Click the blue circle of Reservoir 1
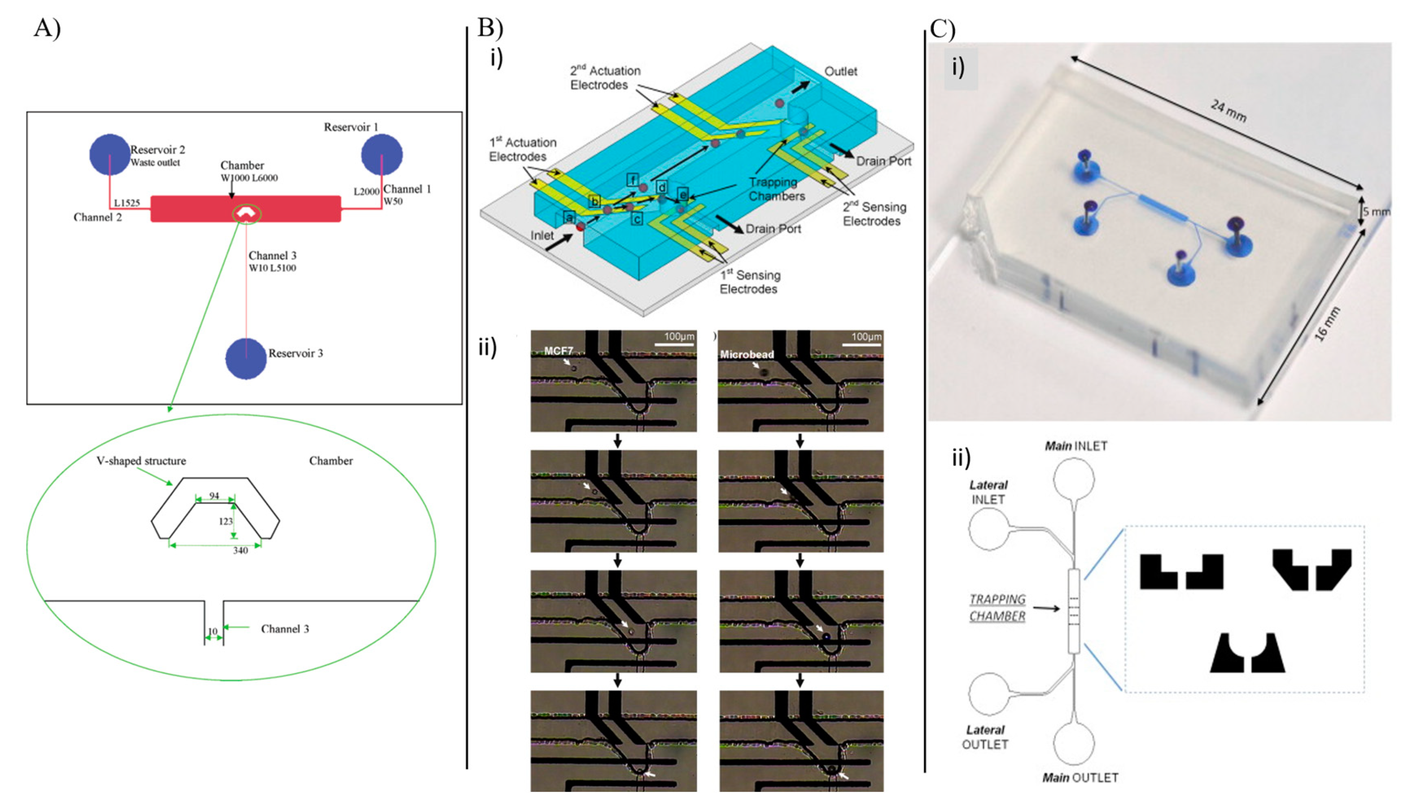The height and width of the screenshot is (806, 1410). coord(382,155)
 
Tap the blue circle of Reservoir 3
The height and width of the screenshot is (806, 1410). coord(246,359)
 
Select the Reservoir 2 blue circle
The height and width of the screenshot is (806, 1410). coord(109,155)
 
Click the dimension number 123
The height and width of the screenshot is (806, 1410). coord(225,521)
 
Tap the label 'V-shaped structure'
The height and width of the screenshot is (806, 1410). coord(141,461)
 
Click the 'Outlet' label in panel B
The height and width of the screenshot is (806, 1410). coord(840,72)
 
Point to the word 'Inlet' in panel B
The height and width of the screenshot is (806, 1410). coord(542,236)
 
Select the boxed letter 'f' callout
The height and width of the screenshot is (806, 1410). coord(632,180)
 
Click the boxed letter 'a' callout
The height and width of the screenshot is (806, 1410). coord(569,218)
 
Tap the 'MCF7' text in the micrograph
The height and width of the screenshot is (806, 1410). coord(558,351)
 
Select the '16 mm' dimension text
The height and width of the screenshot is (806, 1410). coord(1327,324)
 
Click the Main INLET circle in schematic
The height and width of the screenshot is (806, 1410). coord(1073,478)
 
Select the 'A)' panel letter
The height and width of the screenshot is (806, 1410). coord(47,28)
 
